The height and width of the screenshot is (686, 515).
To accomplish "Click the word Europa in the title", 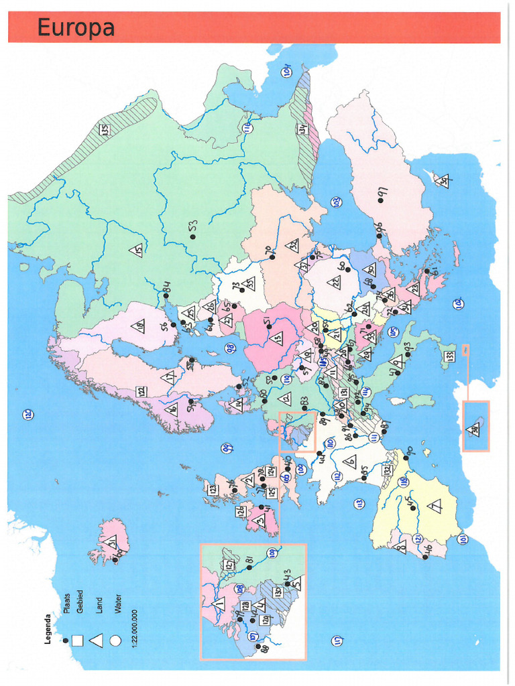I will tap(76, 28).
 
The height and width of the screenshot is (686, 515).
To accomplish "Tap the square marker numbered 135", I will tap(105, 129).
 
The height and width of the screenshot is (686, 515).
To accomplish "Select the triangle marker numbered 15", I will tap(136, 251).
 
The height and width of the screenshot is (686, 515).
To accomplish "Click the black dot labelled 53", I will tap(192, 236).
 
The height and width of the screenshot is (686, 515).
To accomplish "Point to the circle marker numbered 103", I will tap(336, 202).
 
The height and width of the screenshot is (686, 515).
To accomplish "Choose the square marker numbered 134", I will tap(302, 128).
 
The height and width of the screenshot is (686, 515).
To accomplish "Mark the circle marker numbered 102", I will tap(458, 304).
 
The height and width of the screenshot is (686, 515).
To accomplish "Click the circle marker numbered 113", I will tap(359, 503).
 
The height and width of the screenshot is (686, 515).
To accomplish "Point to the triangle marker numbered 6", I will tap(349, 461).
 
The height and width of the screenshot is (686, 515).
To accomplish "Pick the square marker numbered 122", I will tap(141, 392).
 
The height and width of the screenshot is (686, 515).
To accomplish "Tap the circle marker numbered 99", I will tap(227, 448).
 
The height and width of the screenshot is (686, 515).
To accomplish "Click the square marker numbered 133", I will tap(449, 356).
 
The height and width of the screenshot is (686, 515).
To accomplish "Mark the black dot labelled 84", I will tap(166, 295).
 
